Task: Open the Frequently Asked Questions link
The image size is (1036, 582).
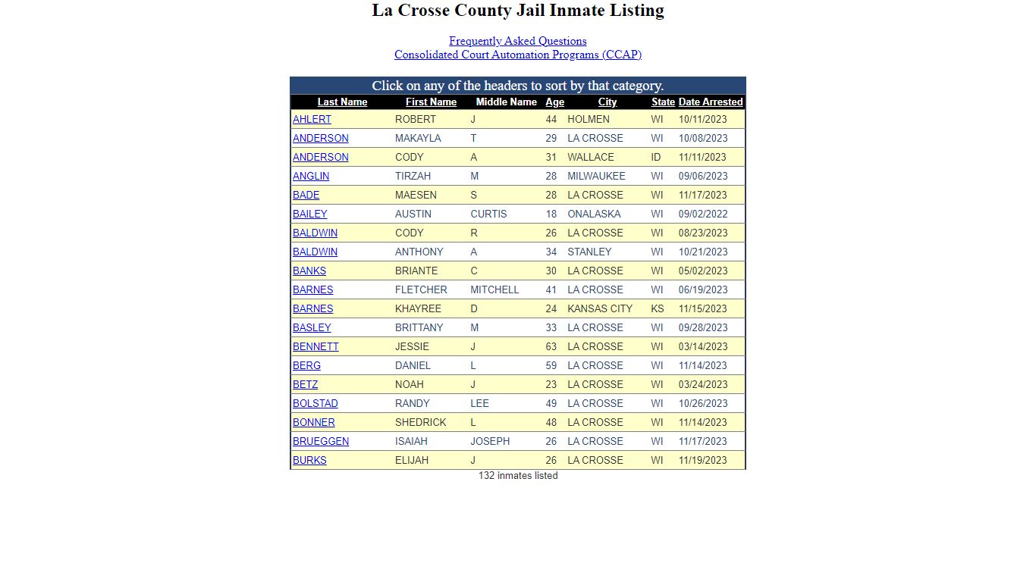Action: click(517, 41)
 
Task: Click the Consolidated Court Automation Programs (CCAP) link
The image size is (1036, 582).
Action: click(517, 55)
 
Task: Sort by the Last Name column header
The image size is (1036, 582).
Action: click(342, 102)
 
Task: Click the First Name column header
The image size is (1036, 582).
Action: click(431, 102)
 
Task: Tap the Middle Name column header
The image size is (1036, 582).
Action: click(506, 102)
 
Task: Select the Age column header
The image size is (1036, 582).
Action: click(554, 102)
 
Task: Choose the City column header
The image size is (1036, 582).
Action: click(607, 102)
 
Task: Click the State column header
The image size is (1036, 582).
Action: click(663, 102)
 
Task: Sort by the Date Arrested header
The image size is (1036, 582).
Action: click(710, 102)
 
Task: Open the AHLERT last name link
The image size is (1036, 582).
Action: click(312, 120)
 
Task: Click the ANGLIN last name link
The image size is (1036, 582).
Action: click(311, 177)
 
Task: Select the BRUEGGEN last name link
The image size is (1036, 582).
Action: click(321, 442)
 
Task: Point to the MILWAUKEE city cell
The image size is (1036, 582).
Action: click(596, 177)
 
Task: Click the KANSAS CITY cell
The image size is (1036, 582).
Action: click(599, 309)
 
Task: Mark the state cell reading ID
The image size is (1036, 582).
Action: click(655, 158)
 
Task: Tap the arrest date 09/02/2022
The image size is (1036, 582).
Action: click(702, 214)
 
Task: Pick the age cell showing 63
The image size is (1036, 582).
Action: click(551, 347)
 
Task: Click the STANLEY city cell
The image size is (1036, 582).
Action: click(589, 252)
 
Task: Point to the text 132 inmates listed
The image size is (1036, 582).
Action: click(517, 476)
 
